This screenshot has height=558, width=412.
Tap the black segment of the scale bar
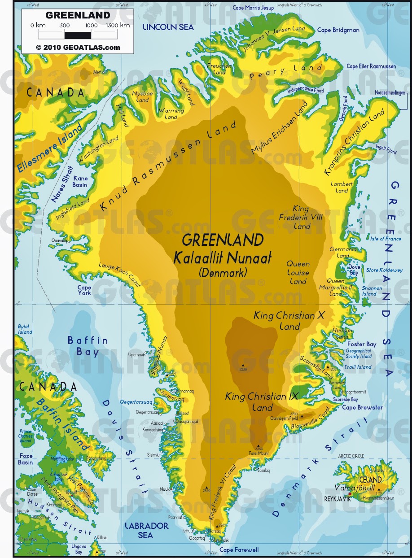coord(78,35)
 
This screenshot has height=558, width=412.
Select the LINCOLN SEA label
coord(168,27)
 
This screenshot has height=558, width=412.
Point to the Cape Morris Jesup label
coord(253,8)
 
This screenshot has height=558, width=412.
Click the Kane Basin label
coord(80,182)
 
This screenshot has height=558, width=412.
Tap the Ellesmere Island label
coord(50,148)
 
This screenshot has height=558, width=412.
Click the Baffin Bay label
coord(88,346)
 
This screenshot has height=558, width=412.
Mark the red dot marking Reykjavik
coord(350,494)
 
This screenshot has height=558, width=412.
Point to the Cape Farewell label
coord(239,549)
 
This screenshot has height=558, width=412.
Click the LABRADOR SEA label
coord(146,530)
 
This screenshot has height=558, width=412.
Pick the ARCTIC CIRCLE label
coord(351,456)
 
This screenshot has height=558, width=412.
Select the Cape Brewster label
coord(362,407)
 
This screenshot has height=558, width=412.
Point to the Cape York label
coord(84,290)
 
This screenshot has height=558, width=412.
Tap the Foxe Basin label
coord(25,459)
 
